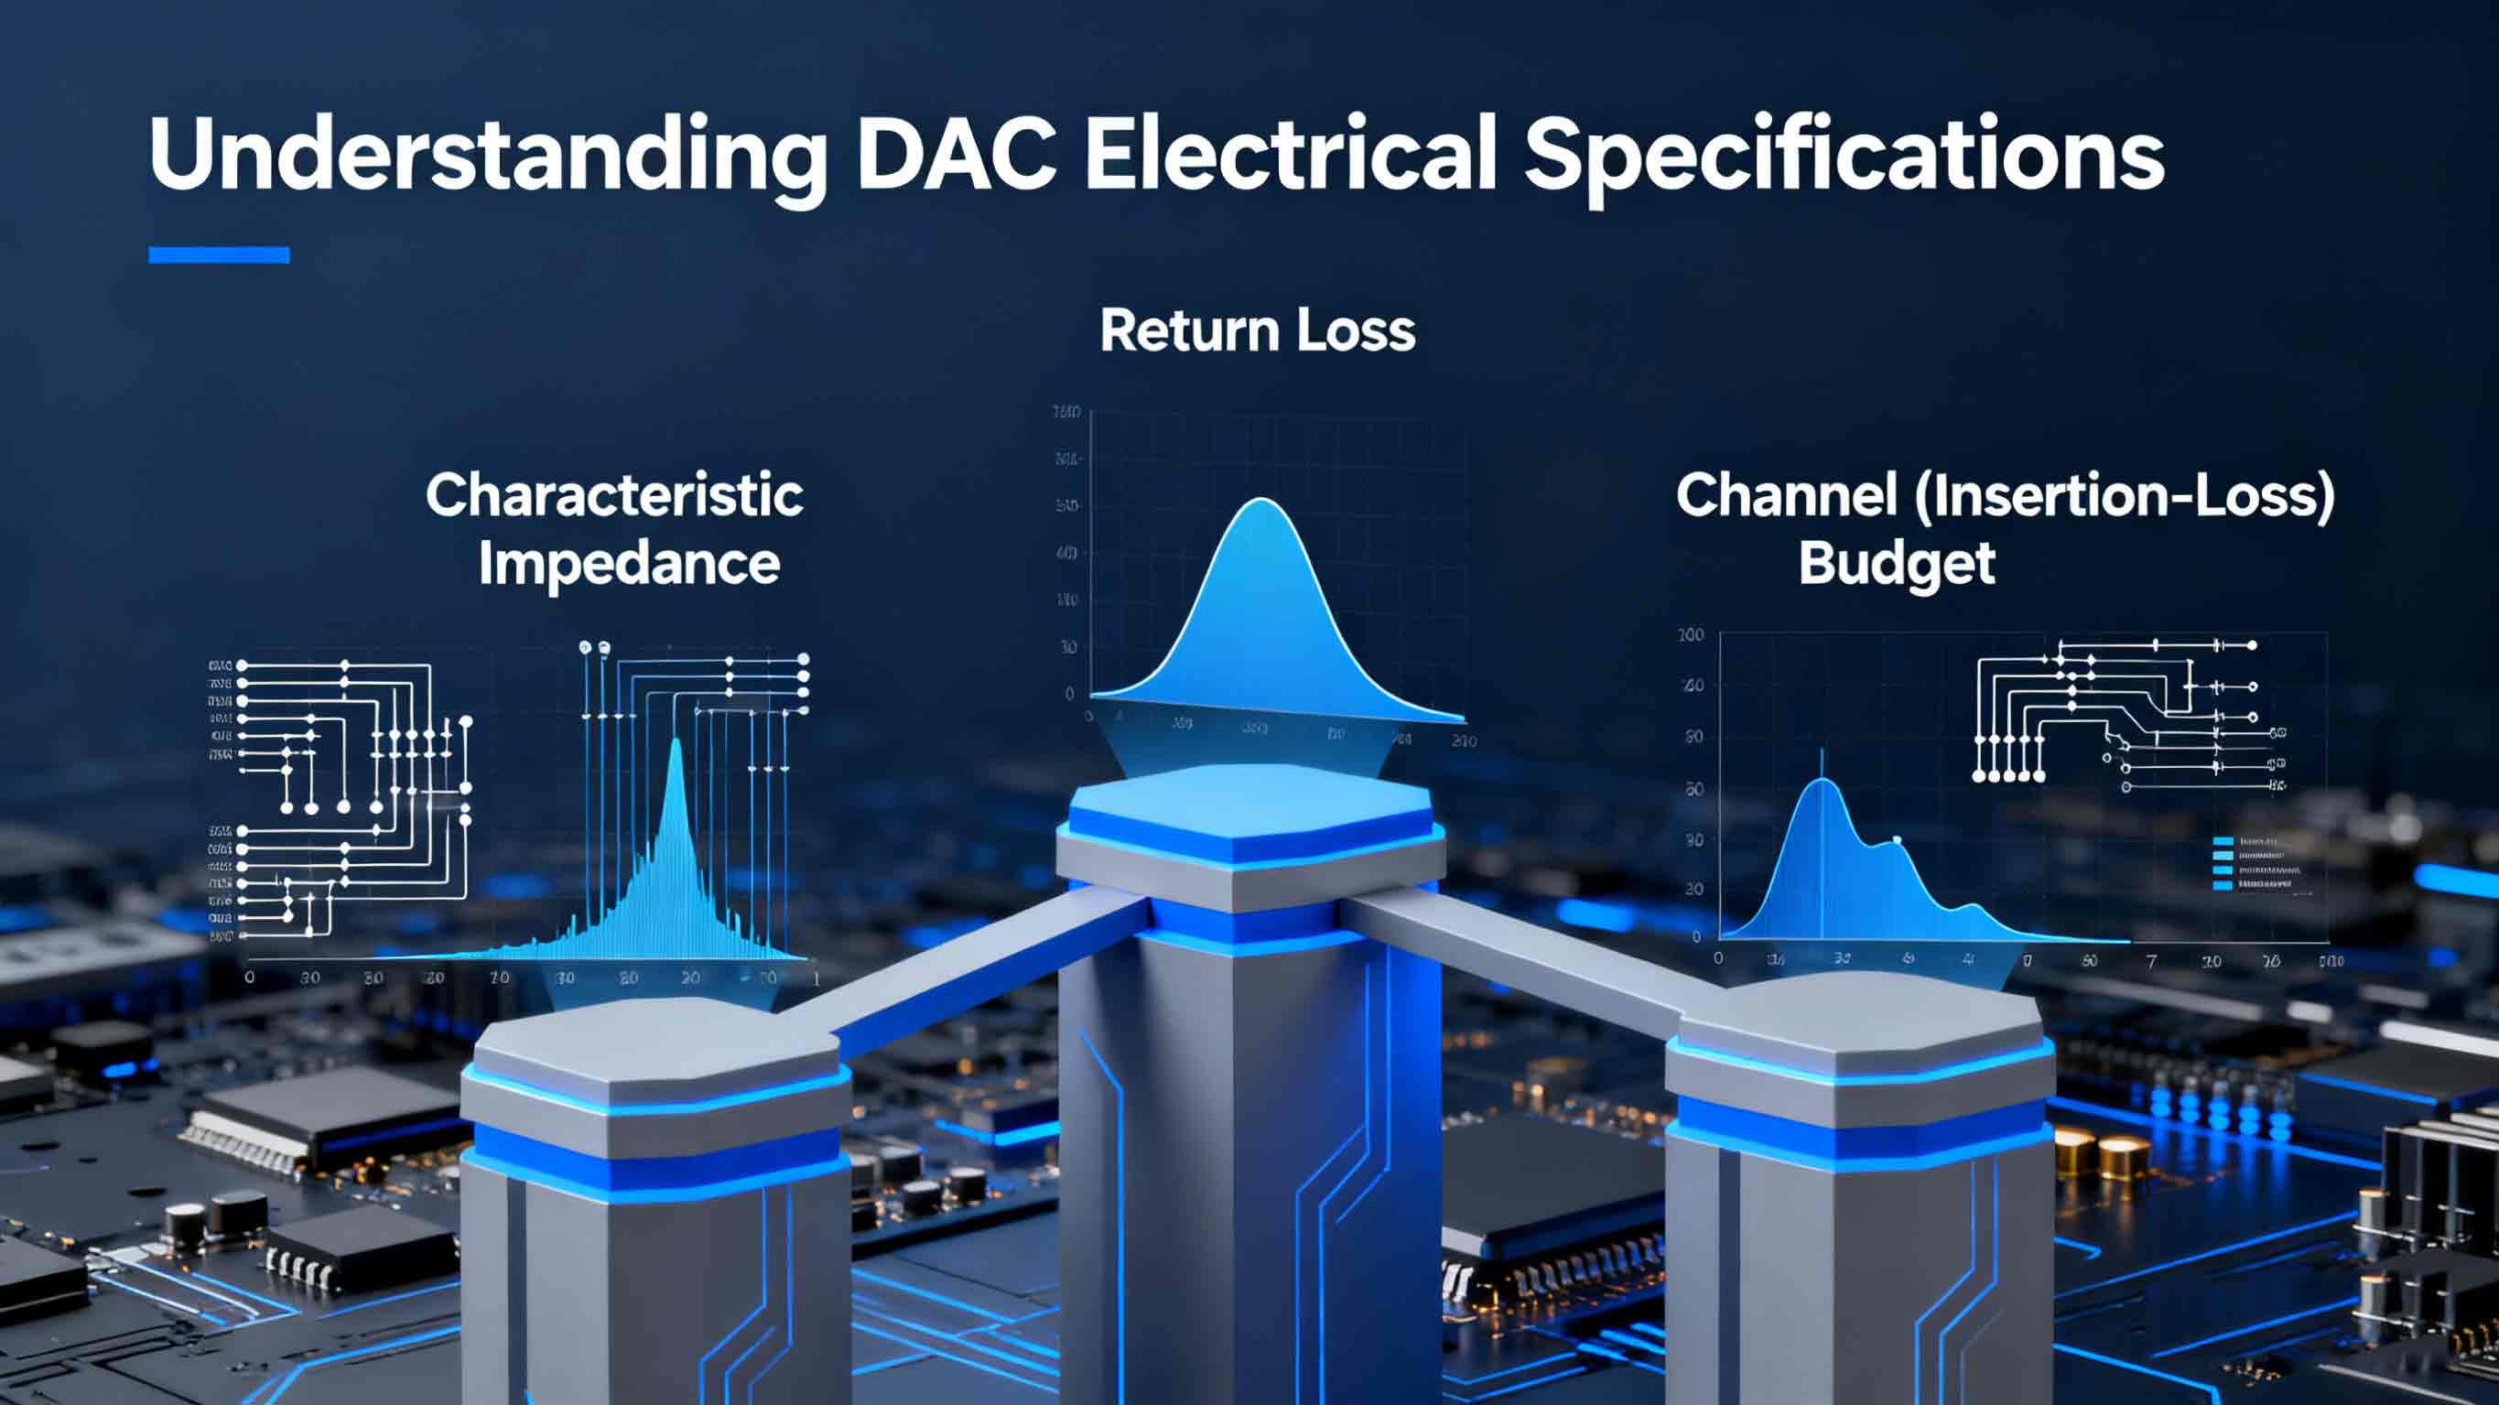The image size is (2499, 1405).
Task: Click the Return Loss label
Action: click(x=1257, y=330)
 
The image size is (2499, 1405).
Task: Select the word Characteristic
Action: click(x=614, y=495)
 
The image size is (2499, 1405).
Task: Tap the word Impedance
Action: click(x=629, y=564)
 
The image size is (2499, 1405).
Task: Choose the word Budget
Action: click(x=1897, y=564)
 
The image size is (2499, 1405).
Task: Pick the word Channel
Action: click(x=1786, y=495)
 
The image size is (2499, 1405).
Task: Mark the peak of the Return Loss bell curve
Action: click(x=1261, y=502)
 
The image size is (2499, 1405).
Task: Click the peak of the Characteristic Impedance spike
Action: click(x=676, y=743)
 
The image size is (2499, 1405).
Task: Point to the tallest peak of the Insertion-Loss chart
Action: click(x=1822, y=781)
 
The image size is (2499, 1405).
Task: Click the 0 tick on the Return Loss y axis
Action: click(x=1069, y=694)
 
